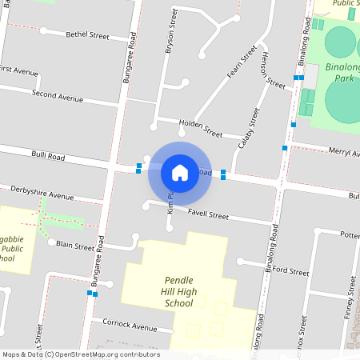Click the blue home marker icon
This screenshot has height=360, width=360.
click(x=180, y=172)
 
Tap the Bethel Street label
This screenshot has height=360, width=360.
click(x=87, y=35)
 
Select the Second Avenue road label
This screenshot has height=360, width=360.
click(x=58, y=97)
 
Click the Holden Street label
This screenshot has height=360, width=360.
click(x=200, y=127)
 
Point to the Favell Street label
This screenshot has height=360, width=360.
click(x=208, y=215)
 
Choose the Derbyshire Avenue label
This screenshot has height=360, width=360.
click(x=42, y=193)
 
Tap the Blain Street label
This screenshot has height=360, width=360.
click(x=75, y=246)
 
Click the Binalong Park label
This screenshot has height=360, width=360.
click(x=342, y=73)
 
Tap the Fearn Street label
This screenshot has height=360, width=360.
click(x=241, y=62)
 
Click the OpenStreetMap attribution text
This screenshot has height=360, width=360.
click(x=80, y=354)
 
